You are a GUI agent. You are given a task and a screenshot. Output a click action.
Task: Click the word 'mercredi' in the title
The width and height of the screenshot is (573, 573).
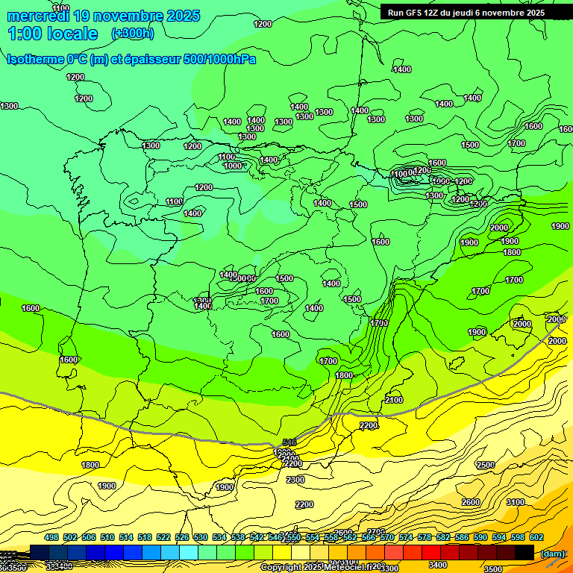coord(39,16)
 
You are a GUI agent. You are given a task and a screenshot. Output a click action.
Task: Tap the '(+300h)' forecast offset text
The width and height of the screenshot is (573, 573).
coord(132,33)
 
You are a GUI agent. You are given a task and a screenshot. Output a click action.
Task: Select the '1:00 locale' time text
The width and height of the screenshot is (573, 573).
coord(52,34)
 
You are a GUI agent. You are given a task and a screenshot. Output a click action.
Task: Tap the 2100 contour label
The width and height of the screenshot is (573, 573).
coord(394,401)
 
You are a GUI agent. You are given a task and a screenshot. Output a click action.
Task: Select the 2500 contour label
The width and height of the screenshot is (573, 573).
coord(485,465)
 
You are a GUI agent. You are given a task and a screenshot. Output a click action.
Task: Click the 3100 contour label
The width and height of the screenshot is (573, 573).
coord(515,502)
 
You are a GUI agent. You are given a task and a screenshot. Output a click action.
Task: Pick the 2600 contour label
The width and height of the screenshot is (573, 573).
coord(470,502)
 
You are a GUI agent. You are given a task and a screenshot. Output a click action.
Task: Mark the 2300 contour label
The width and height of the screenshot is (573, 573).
coord(295,479)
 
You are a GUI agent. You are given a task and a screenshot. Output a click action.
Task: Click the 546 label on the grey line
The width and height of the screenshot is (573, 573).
coord(289,442)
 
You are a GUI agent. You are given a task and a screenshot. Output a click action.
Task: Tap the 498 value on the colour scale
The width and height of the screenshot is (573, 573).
coord(51,537)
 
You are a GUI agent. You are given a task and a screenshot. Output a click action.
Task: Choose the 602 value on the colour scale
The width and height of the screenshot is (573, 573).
coord(536,537)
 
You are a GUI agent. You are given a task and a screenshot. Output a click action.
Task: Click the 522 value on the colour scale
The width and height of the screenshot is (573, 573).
coord(163,537)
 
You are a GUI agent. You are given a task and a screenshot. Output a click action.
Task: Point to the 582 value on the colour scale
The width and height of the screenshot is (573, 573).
coord(443,537)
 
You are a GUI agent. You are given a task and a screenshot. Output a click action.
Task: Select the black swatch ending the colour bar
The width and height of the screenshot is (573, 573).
coord(525,552)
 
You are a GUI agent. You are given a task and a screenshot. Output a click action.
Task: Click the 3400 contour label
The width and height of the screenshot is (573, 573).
coord(437,565)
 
